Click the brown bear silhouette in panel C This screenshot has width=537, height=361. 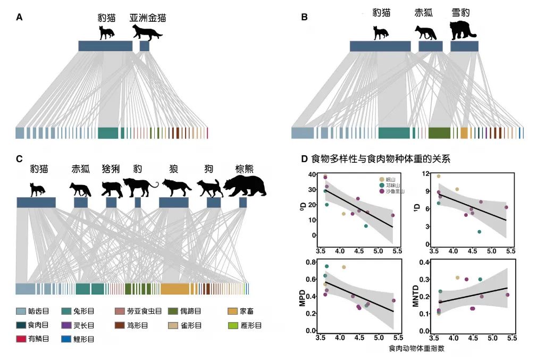pyautogui.click(x=242, y=186)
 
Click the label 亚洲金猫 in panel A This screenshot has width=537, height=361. pyautogui.click(x=148, y=18)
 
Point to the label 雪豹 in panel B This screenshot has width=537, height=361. pyautogui.click(x=460, y=12)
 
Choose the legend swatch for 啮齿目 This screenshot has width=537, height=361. pyautogui.click(x=21, y=310)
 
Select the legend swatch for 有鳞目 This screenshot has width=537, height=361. pyautogui.click(x=21, y=338)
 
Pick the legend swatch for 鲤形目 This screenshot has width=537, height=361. pyautogui.click(x=69, y=338)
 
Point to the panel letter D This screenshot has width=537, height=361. pyautogui.click(x=304, y=158)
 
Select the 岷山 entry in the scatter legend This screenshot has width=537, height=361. pyautogui.click(x=389, y=179)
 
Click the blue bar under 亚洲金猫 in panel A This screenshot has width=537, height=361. pyautogui.click(x=145, y=46)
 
